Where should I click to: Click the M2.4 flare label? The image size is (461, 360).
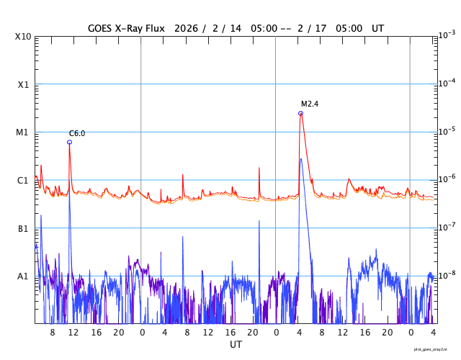310,104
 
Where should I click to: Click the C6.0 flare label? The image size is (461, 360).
77,133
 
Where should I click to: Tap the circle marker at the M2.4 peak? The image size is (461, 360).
300,113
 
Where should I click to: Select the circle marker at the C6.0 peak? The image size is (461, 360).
69,142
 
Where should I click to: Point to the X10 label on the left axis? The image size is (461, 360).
23,37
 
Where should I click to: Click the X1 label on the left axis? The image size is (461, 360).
23,84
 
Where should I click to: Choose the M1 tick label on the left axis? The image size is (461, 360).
23,132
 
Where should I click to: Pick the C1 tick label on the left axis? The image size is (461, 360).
23,180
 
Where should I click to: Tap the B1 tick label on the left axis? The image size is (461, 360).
23,228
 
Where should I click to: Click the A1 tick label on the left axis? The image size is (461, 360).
23,276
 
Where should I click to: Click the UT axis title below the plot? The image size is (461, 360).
236,345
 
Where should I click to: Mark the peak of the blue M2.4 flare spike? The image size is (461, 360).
300,158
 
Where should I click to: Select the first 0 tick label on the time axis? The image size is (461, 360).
142,333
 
